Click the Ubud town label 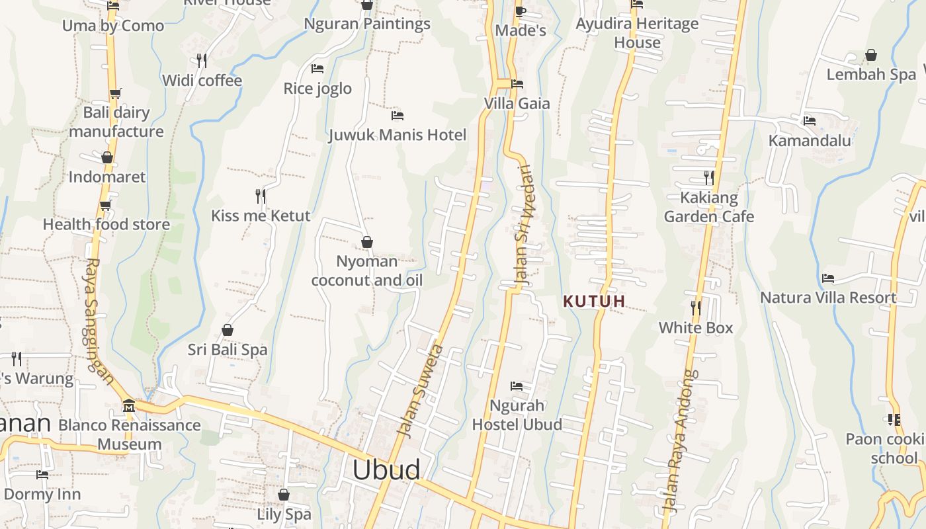(x=386, y=469)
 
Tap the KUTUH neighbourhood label (x=594, y=302)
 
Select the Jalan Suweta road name (x=419, y=389)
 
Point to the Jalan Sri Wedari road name (x=523, y=225)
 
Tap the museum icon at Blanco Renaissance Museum (x=129, y=405)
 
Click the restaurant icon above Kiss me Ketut (x=261, y=196)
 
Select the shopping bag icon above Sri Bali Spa (x=228, y=329)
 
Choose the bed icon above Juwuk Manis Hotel (x=398, y=115)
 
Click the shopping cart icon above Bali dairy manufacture (x=116, y=93)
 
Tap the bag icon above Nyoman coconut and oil (x=367, y=242)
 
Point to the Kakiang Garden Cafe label (x=709, y=207)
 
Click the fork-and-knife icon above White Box (x=696, y=307)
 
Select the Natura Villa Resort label (x=828, y=298)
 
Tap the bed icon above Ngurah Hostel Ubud (x=517, y=386)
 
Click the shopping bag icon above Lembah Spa (x=871, y=55)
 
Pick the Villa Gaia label (x=517, y=103)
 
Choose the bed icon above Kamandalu (x=810, y=120)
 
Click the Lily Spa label (x=284, y=514)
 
